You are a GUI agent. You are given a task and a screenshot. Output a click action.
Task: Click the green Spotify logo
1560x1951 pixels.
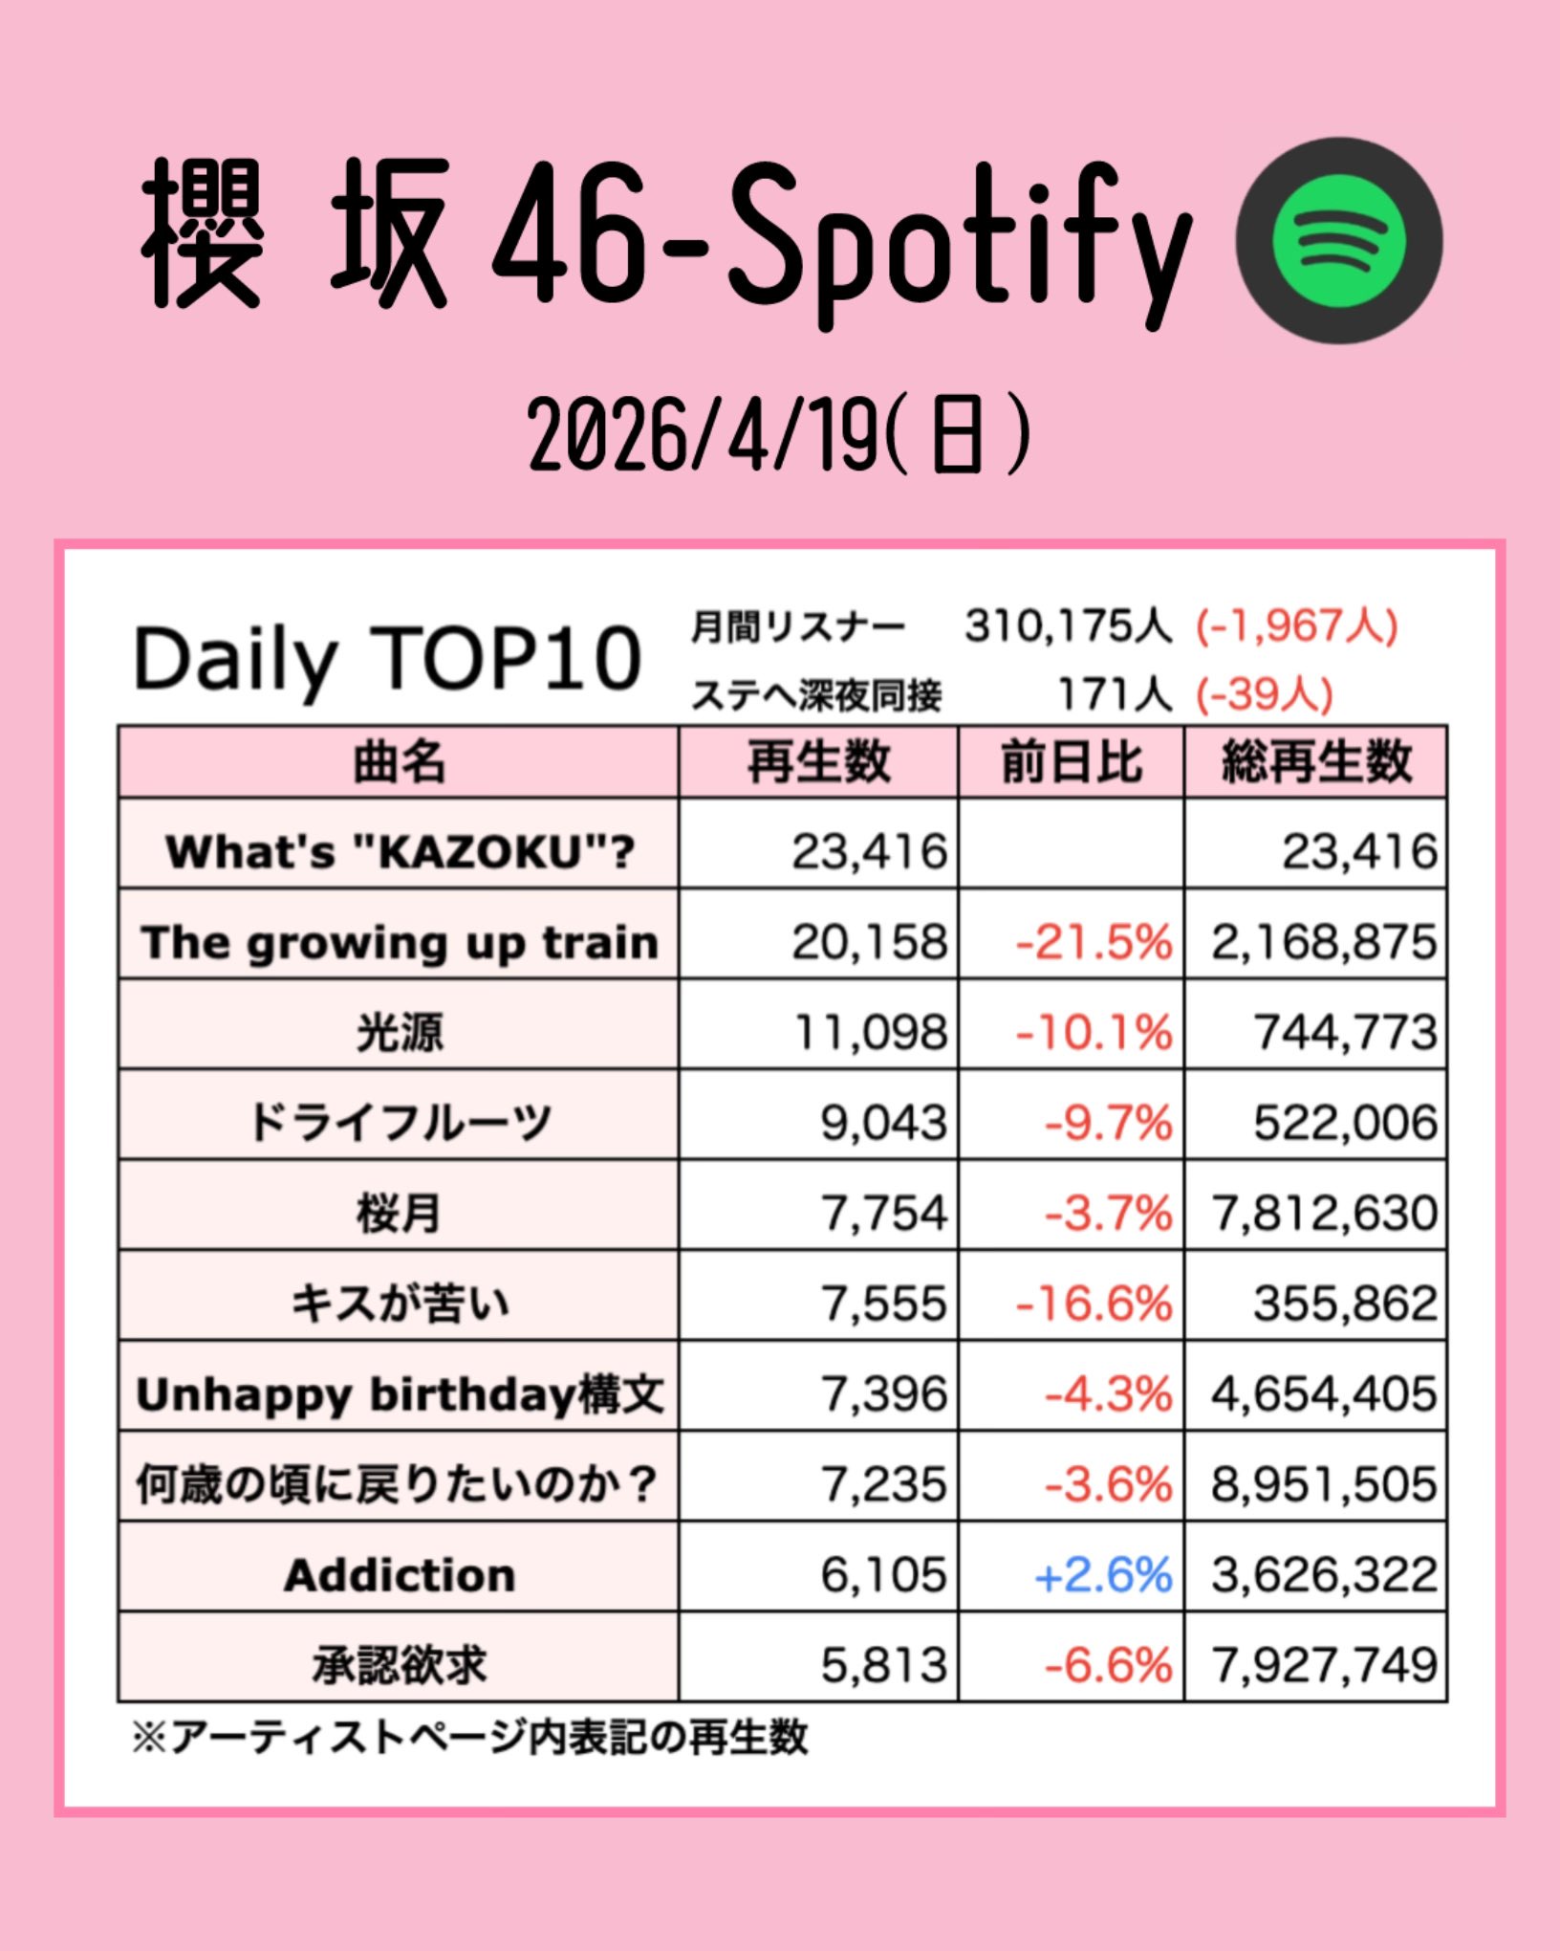1339,240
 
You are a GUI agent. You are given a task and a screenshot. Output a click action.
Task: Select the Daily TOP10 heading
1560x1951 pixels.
387,659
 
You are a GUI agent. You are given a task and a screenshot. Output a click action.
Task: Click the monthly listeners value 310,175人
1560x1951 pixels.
1067,626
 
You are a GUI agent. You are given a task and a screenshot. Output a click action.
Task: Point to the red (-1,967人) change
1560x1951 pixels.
1296,626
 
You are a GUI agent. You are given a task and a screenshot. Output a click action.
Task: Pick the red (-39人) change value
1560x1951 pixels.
1264,695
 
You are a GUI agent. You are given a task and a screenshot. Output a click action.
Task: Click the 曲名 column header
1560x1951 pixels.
399,762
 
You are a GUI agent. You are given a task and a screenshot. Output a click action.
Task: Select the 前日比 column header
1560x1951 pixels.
1071,762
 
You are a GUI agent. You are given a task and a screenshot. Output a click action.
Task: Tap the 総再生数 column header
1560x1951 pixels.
1315,762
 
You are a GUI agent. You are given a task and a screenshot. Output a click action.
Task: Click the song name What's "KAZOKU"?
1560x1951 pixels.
400,851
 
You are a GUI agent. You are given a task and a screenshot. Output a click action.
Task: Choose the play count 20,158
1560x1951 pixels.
869,942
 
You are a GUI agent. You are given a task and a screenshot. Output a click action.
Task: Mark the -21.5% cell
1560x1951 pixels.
1094,942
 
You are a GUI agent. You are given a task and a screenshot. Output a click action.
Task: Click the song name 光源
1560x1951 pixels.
399,1033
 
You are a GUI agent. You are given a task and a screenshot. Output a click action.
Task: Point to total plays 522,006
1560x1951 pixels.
1345,1123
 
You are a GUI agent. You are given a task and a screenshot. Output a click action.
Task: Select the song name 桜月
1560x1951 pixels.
399,1214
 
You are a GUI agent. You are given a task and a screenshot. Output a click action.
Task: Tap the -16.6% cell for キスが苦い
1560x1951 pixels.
1094,1304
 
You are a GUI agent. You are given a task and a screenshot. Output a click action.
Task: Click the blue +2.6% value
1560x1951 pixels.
1103,1575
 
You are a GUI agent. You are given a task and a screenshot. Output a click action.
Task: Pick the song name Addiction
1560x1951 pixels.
400,1575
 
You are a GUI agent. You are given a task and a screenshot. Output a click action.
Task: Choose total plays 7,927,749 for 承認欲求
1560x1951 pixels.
1324,1665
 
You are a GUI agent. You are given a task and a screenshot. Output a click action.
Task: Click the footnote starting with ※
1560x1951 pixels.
469,1738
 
